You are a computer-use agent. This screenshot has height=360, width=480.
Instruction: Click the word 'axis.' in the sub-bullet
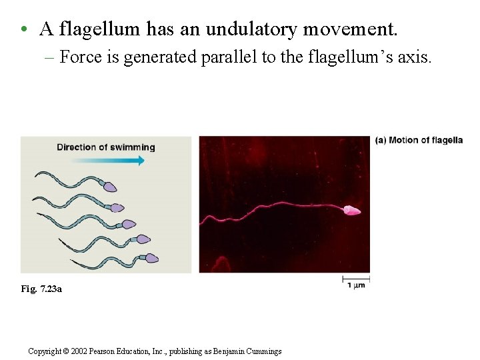pos(415,57)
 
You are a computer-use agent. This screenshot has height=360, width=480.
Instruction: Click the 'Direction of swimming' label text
pos(105,147)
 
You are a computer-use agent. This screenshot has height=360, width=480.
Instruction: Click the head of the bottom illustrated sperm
pos(151,258)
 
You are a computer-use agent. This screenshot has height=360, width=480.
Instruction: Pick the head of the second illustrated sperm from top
pos(117,208)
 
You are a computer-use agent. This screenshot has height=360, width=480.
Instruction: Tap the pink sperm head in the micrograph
pos(351,211)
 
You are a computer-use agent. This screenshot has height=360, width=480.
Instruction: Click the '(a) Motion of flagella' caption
pos(419,140)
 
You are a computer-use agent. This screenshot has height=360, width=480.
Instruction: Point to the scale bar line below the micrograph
pos(356,277)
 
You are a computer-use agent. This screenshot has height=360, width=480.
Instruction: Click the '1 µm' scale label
pos(356,285)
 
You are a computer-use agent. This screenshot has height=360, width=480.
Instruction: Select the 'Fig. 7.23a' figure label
pos(41,289)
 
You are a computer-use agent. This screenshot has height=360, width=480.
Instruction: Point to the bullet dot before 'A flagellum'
pos(23,30)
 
